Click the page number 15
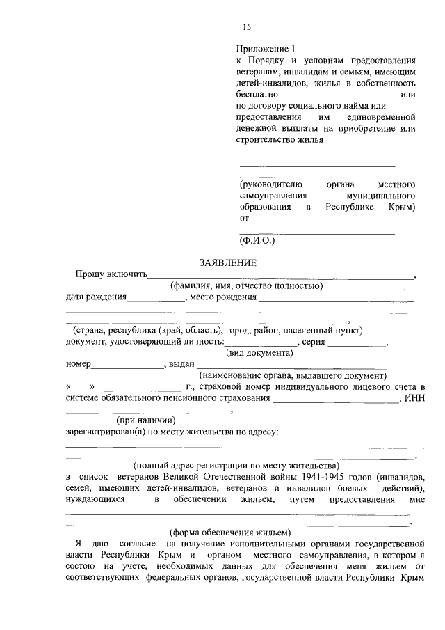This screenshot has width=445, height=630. pyautogui.click(x=245, y=27)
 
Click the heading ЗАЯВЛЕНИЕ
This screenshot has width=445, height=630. pyautogui.click(x=228, y=262)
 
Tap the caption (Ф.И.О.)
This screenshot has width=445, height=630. pyautogui.click(x=257, y=240)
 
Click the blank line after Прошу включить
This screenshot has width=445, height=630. pyautogui.click(x=281, y=276)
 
